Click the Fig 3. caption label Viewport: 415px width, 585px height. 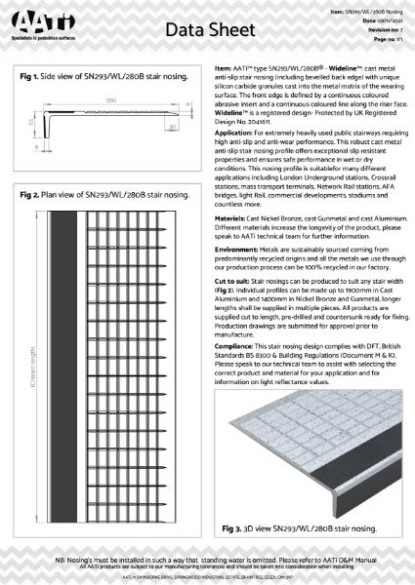(231, 527)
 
